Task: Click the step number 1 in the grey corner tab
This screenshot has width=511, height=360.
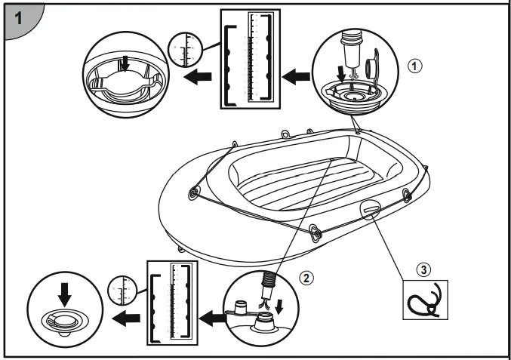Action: (x=16, y=16)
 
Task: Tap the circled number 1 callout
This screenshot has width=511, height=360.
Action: (x=411, y=65)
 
